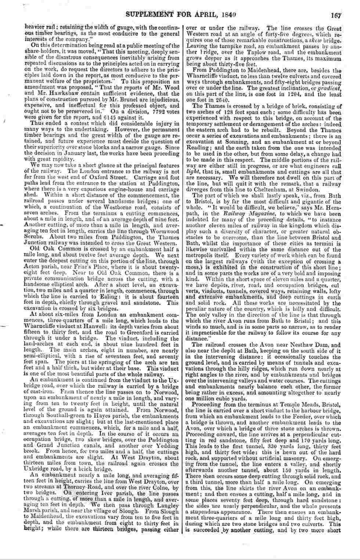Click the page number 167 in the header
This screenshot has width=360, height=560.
pos(336,16)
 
